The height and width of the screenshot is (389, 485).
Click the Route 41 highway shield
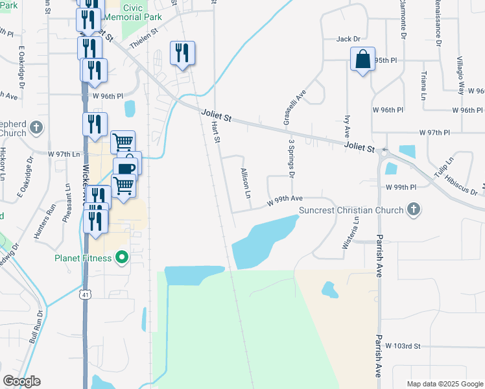coord(87,295)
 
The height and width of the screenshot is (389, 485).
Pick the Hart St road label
coord(217,134)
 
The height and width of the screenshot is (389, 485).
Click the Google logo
coord(21,381)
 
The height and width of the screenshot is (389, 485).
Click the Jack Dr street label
coord(348,39)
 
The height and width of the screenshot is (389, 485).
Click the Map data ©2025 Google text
coord(444,384)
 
